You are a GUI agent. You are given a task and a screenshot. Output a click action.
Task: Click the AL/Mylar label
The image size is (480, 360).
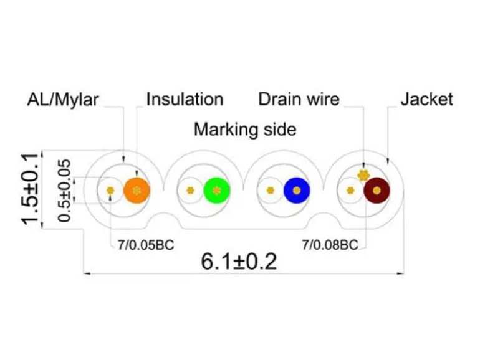click(63, 100)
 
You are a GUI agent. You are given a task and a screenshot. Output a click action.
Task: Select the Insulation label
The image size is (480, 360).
click(185, 100)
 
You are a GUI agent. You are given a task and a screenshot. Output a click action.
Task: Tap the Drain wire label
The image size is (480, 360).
click(299, 100)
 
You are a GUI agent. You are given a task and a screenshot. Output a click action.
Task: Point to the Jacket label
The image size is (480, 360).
click(427, 100)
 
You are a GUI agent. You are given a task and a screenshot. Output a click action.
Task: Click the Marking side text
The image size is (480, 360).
click(245, 130)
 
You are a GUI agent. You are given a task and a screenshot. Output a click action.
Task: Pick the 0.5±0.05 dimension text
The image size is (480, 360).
click(64, 190)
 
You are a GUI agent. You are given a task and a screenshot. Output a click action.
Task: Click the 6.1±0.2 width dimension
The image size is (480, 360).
click(239, 262)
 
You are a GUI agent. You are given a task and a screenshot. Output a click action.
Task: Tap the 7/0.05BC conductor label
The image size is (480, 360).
click(146, 245)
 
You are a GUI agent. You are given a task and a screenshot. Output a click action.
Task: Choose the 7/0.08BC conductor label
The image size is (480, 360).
click(330, 245)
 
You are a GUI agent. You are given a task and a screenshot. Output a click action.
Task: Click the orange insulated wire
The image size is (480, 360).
click(137, 191)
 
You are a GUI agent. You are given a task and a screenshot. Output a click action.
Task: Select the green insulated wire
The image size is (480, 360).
click(217, 191)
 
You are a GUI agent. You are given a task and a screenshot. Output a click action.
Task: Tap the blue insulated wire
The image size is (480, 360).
click(297, 191)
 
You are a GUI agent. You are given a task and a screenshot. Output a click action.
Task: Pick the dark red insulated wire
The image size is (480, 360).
click(377, 191)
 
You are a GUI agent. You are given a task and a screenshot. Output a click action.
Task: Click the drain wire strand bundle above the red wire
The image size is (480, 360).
click(363, 175)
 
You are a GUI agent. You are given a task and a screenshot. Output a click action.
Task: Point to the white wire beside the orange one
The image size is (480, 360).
click(110, 191)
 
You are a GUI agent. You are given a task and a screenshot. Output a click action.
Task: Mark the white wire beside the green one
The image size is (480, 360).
click(190, 191)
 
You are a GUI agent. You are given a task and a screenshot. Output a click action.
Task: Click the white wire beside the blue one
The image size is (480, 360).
click(271, 191)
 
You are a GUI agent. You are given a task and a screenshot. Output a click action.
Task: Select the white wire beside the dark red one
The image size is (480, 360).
click(350, 191)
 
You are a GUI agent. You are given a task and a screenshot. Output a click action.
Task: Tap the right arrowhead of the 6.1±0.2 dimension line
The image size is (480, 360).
click(400, 273)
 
